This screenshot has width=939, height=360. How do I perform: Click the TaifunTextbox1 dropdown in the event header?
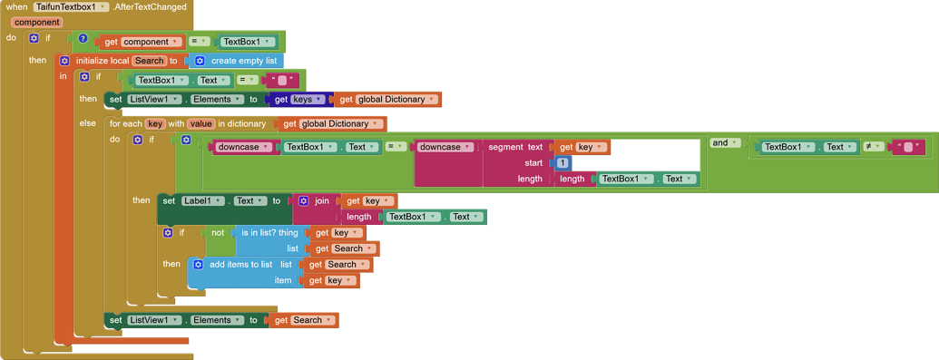tap(72, 7)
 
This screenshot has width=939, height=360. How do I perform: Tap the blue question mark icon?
tap(83, 39)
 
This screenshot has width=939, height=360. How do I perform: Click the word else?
tap(87, 123)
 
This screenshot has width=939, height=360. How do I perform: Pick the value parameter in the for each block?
tap(201, 123)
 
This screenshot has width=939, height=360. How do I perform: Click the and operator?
tap(719, 143)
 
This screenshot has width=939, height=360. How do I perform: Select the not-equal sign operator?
tap(869, 147)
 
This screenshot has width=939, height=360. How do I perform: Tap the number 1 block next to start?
tap(562, 163)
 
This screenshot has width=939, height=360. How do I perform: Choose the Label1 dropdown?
tap(202, 200)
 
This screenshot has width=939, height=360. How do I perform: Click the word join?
tap(321, 200)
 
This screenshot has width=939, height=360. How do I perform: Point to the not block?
tap(218, 233)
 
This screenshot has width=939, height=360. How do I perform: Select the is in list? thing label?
tap(269, 233)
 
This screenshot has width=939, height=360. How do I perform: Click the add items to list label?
tap(240, 265)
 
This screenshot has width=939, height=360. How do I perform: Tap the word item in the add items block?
tap(283, 280)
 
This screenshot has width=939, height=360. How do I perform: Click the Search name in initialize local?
tap(150, 61)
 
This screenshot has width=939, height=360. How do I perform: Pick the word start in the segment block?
tap(533, 163)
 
